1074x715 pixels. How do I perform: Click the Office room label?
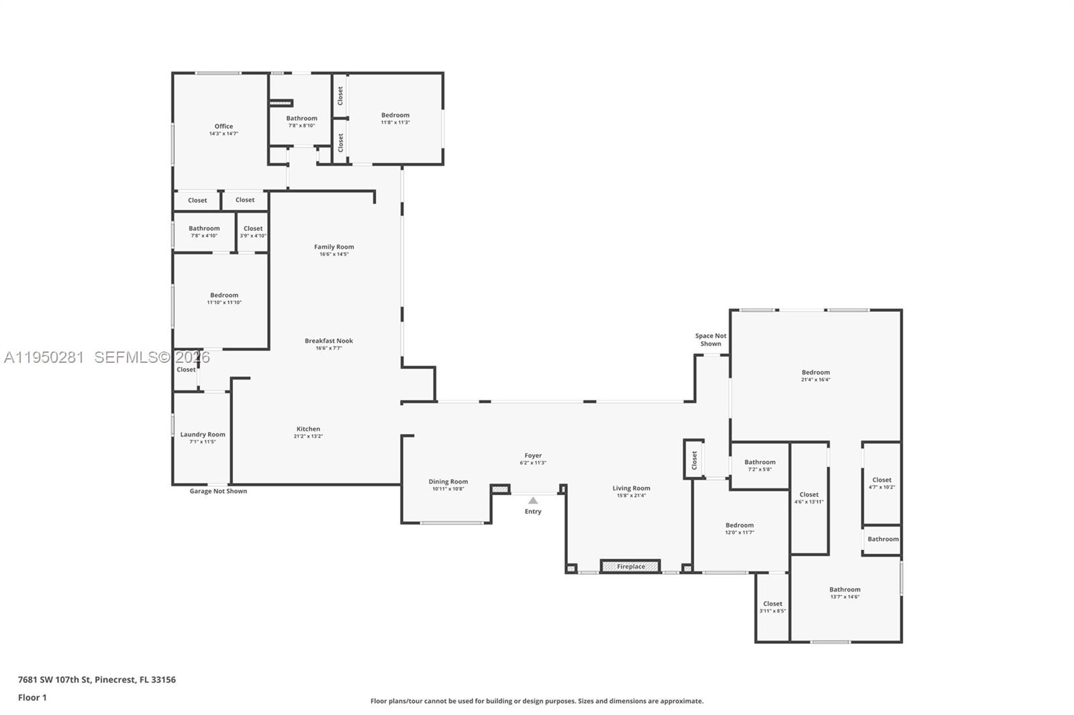[224, 126]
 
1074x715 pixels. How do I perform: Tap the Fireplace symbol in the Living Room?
[630, 566]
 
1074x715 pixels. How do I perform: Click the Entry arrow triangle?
[532, 500]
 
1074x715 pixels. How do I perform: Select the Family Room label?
[334, 247]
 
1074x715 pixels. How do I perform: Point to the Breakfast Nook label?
[328, 341]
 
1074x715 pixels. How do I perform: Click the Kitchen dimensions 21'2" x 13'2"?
[308, 437]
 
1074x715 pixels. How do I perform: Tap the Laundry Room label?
[203, 435]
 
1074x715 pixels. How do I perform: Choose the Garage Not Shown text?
[218, 491]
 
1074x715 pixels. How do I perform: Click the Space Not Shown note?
[710, 339]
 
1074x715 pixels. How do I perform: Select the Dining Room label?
[448, 482]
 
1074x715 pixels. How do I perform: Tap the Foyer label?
[533, 455]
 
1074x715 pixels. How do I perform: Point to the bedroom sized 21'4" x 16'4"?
[816, 376]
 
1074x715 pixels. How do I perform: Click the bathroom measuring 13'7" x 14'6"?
[844, 593]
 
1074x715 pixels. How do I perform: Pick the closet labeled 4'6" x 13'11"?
[809, 498]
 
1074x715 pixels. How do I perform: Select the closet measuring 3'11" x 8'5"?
[773, 607]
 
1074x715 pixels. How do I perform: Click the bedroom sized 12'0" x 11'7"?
[739, 529]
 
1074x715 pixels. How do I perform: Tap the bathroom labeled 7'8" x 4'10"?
[204, 231]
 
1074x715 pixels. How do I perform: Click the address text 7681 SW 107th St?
[97, 679]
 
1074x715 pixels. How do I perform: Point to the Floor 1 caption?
[32, 698]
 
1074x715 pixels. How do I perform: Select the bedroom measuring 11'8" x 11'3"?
[395, 118]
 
